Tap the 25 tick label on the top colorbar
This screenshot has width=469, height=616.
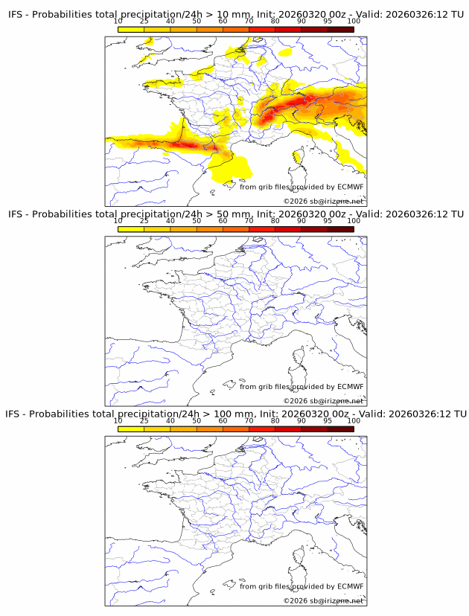(144, 21)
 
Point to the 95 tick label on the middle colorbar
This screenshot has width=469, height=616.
(328, 221)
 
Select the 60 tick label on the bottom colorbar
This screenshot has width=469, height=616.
(223, 420)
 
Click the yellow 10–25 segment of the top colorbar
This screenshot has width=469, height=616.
(131, 29)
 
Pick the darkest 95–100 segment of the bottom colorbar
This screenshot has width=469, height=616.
(340, 429)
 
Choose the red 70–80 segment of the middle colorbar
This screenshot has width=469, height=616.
(262, 229)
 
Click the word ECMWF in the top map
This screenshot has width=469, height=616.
(350, 187)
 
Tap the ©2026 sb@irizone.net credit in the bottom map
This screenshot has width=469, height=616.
(323, 600)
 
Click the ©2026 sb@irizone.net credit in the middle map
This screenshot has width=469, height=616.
(323, 401)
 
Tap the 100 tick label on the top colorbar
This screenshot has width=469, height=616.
(354, 21)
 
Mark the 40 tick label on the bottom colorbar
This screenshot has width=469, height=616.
(170, 420)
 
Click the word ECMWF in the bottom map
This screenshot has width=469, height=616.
(350, 586)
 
